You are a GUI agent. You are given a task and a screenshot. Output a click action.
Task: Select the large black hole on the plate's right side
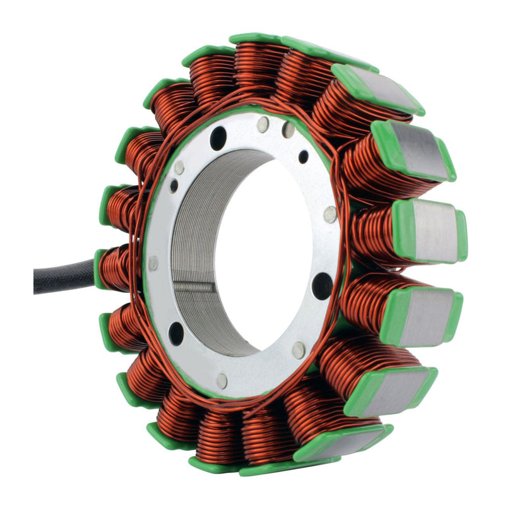tap(322, 286)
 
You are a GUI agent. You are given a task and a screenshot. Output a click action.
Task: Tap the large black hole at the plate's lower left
tap(176, 333)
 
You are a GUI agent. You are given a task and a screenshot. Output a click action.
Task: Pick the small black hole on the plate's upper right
tap(304, 157)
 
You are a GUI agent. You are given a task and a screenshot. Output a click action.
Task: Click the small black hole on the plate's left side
tap(174, 186)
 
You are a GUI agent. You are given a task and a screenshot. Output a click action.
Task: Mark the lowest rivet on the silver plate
tap(222, 380)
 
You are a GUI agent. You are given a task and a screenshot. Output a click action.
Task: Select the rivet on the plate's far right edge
tap(330, 215)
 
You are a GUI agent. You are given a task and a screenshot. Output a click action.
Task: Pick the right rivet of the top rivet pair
tap(288, 130)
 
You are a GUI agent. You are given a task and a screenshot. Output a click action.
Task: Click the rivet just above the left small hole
tap(180, 167)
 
